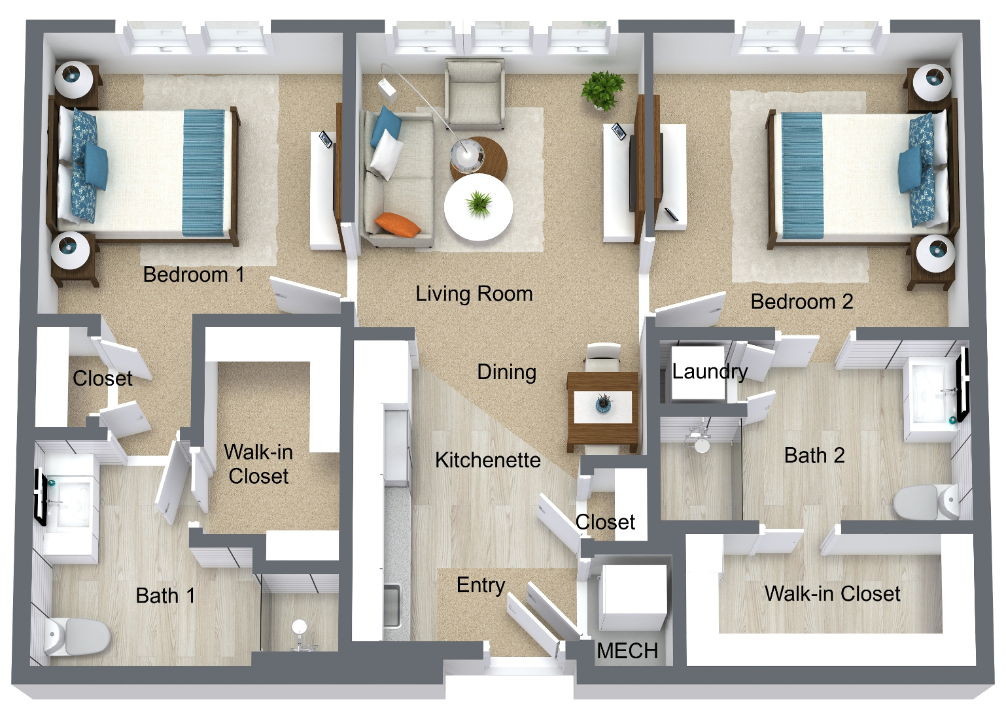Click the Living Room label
tap(474, 294)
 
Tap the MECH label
tap(627, 650)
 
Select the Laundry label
tap(710, 371)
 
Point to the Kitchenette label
tap(488, 460)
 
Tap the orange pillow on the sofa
tap(398, 224)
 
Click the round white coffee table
tap(478, 207)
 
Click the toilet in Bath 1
tap(77, 636)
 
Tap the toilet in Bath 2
tap(926, 501)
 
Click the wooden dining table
tap(602, 411)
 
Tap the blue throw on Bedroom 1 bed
tap(204, 173)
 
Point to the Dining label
tap(506, 372)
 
